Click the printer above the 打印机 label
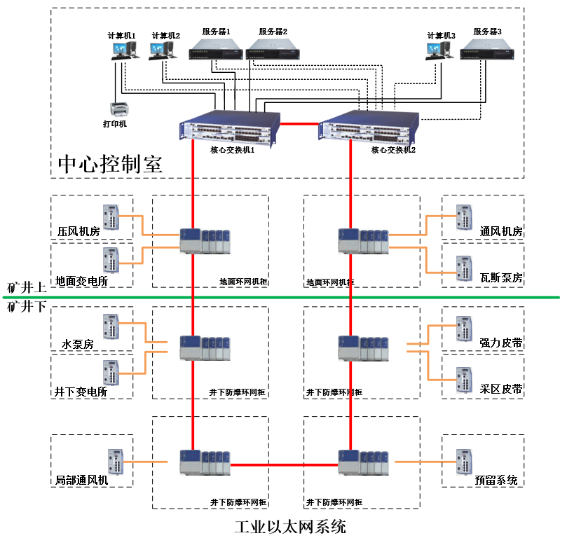point(118,109)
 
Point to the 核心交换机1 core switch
point(229,127)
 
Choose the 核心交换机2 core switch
point(368,127)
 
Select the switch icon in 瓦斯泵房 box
point(465,268)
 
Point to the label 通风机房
point(501,232)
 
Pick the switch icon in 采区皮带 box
point(465,380)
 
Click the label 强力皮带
point(501,343)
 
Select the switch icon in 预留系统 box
point(465,462)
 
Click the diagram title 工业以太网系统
point(290,526)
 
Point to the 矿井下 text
point(26,307)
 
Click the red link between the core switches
point(299,124)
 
